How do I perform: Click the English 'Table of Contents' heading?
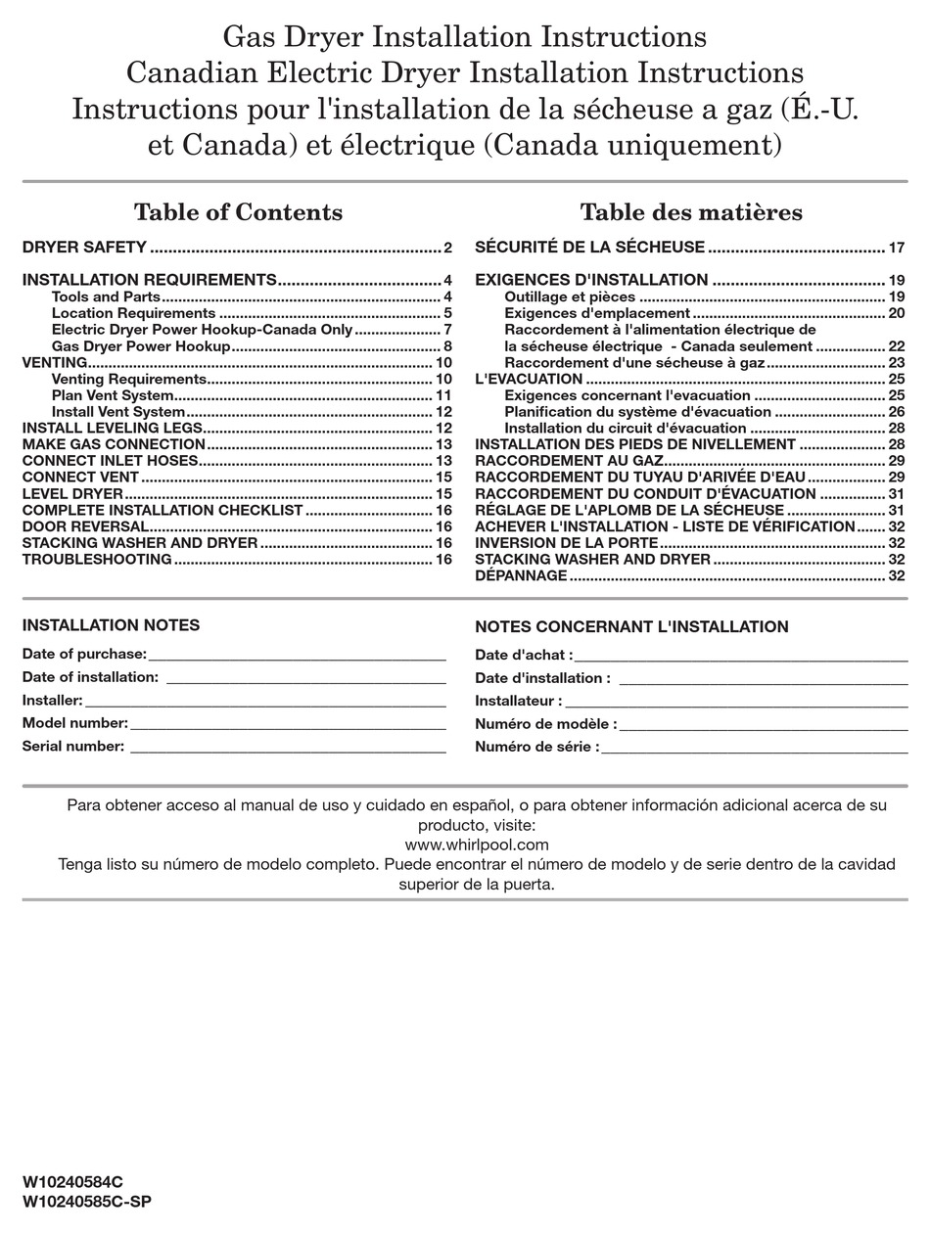click(x=238, y=212)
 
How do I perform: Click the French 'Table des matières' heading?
click(x=690, y=212)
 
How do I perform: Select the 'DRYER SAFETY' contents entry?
click(x=84, y=248)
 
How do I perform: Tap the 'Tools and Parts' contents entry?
click(x=106, y=297)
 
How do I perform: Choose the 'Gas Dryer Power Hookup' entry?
click(x=141, y=346)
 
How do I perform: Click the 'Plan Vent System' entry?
click(x=113, y=395)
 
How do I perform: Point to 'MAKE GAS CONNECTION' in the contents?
click(x=114, y=444)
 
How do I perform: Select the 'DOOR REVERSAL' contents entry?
click(x=85, y=526)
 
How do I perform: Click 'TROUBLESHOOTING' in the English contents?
click(x=97, y=560)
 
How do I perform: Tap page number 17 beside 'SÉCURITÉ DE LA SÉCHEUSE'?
click(x=896, y=248)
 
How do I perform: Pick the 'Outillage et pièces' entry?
click(x=570, y=297)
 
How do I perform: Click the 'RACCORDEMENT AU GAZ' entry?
click(x=569, y=460)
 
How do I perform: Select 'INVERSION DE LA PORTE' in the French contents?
click(x=566, y=543)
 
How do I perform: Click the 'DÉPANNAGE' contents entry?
click(x=521, y=575)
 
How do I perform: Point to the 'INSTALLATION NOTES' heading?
click(x=111, y=625)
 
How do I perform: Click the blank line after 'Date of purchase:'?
click(x=297, y=656)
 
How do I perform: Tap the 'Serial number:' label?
click(x=73, y=747)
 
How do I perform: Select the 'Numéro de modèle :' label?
click(x=545, y=724)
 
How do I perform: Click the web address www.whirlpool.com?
click(x=476, y=845)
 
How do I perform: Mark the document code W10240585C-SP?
click(x=86, y=1202)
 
